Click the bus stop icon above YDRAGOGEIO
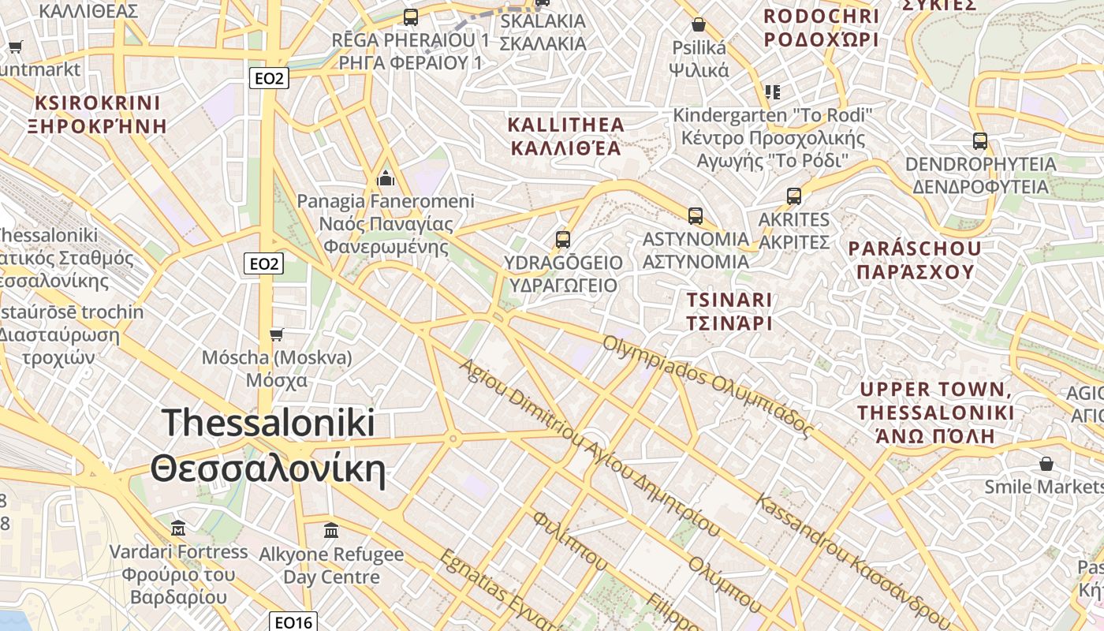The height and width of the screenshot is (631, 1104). coord(562,239)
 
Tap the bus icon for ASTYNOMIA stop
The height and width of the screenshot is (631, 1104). coord(695,215)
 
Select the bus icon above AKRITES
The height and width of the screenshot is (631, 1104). coord(794,196)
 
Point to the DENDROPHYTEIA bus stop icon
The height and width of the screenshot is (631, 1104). coord(979,141)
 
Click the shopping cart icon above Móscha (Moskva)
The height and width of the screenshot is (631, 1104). coord(276,334)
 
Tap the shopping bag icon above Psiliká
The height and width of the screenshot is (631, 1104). coord(698,24)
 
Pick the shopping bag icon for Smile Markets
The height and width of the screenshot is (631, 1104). coord(1046,463)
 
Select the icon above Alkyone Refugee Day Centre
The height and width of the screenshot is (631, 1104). coord(331,530)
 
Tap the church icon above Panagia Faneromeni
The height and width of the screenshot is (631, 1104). coord(386,177)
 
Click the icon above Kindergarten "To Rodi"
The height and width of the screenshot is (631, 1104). coord(773,91)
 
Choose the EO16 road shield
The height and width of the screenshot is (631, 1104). coord(293,622)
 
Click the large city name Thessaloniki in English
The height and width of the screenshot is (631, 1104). coord(268,424)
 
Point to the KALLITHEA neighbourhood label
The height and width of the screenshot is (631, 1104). coord(565,125)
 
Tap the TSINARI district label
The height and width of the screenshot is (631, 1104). coord(729,300)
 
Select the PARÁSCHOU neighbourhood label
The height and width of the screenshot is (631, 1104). coord(914,248)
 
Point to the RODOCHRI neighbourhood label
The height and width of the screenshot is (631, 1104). coord(820,16)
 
